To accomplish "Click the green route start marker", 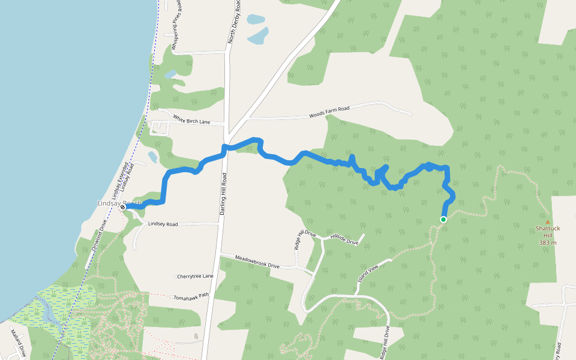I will click(443, 220).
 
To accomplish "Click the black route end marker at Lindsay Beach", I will click(122, 207).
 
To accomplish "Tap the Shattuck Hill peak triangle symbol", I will click(547, 221).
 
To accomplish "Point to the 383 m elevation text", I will click(548, 242).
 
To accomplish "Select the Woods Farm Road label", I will click(329, 112).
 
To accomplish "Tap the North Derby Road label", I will click(236, 23).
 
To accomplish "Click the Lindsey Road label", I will click(163, 224).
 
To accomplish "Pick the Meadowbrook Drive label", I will click(257, 262).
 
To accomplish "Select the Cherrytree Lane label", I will click(195, 276).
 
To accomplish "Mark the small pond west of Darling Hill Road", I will click(152, 157).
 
